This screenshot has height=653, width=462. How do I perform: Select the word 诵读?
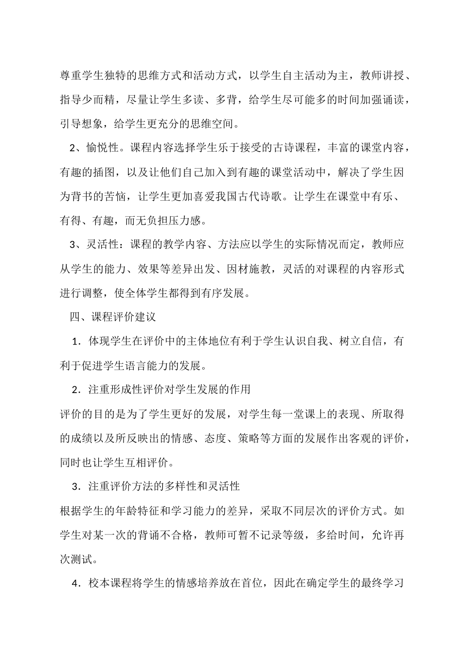click(x=393, y=100)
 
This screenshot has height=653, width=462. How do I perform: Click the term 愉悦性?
click(x=103, y=148)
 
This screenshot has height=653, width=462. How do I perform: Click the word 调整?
click(x=92, y=293)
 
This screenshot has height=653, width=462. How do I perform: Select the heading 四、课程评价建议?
click(x=113, y=317)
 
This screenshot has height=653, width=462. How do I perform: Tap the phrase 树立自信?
click(x=360, y=341)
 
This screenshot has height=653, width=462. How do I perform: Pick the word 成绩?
click(x=82, y=438)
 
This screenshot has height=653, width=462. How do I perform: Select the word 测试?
click(x=82, y=559)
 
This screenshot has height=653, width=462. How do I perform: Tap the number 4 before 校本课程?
click(x=75, y=583)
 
